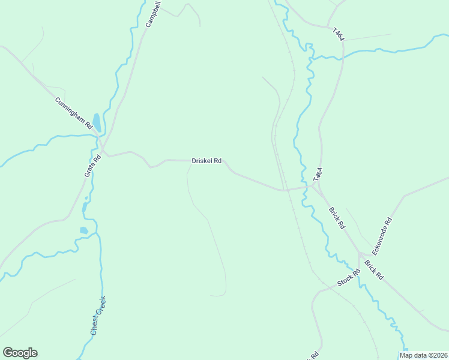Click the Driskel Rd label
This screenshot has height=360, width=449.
(206, 161)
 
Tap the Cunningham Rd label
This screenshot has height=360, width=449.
(73, 113)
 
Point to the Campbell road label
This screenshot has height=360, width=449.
(153, 14)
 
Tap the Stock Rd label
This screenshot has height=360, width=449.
(348, 277)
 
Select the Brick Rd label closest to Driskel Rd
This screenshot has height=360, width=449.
(337, 218)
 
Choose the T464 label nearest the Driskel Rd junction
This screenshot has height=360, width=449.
(318, 174)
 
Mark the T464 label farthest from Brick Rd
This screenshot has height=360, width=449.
(339, 34)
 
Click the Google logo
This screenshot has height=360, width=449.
(20, 353)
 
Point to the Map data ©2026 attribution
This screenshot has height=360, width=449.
(423, 355)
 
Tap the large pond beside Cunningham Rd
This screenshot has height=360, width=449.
(97, 122)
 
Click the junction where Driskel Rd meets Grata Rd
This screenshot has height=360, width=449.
(102, 153)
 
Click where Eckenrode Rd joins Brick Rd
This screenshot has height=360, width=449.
(360, 253)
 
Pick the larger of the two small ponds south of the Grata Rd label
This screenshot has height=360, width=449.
(83, 230)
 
